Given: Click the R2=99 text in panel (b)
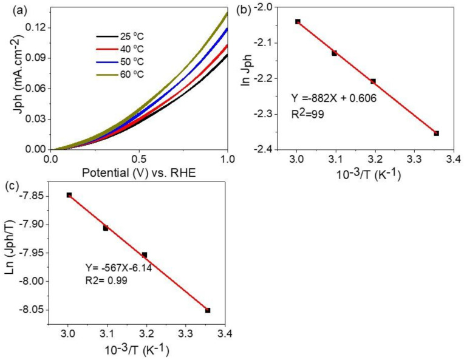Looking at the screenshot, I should [x=312, y=112].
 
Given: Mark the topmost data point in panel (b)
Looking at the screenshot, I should [x=298, y=21].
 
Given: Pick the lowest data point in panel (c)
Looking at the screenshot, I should [x=207, y=310].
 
